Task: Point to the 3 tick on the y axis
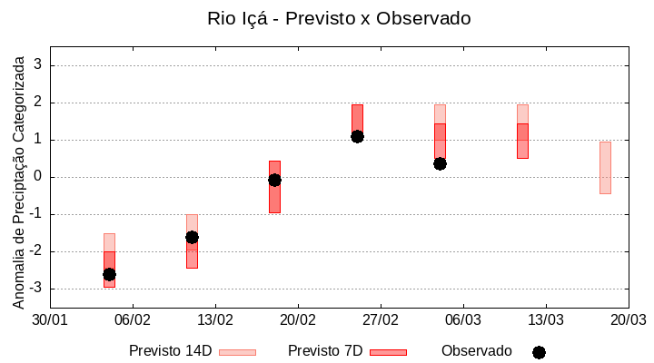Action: [x=38, y=65]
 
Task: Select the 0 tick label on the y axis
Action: [x=38, y=177]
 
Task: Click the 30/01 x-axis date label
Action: [x=50, y=320]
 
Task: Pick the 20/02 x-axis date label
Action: [x=298, y=320]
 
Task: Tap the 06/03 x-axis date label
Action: [x=463, y=320]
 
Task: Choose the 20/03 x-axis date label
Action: [x=628, y=320]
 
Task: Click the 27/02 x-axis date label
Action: [x=381, y=320]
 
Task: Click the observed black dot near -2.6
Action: [x=109, y=274]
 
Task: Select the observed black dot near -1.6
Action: [x=192, y=237]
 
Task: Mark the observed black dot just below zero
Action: [x=274, y=180]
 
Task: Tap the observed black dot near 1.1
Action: [x=357, y=136]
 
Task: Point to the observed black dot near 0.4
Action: [x=440, y=163]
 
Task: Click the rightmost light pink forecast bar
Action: [x=605, y=168]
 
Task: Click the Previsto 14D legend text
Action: [x=170, y=351]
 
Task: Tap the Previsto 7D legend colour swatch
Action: [x=388, y=352]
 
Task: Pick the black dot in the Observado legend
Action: [x=539, y=352]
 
